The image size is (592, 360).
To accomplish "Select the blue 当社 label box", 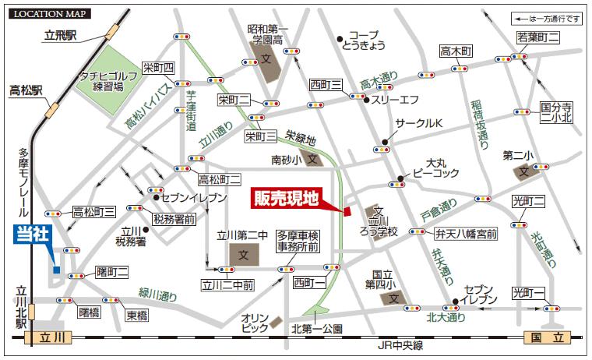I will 30,235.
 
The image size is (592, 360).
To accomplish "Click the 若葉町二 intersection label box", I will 538,37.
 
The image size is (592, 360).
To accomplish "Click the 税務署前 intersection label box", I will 173,220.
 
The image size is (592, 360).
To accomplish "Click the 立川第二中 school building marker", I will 243,254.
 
